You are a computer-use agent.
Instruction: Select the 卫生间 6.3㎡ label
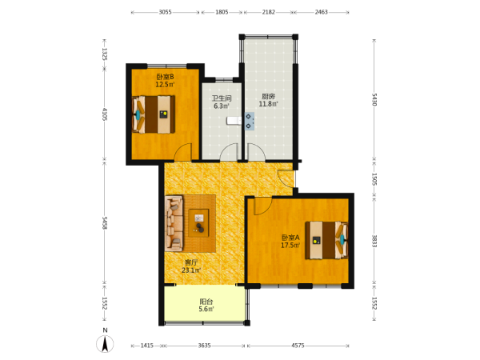pos(222,102)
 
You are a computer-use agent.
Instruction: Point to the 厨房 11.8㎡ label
pos(268,100)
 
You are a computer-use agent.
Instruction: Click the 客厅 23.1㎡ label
pos(191,266)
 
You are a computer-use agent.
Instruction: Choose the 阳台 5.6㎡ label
pos(206,306)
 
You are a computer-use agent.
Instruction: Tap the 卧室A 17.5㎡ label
pos(290,242)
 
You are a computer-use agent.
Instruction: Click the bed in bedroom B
pos(154,114)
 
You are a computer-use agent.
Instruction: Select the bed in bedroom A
pos(326,240)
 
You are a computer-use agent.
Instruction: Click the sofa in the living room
pos(174,223)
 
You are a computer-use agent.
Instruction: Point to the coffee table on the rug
pos(198,223)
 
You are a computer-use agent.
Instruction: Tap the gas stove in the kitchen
pos(249,122)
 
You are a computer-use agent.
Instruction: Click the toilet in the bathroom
pos(234,122)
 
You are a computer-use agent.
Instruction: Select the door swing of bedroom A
pos(262,206)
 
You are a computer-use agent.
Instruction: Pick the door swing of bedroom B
pos(182,152)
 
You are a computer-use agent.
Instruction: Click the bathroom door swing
pos(230,152)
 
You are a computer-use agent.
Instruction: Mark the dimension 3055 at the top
pos(166,12)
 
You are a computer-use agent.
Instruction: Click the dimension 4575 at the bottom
pos(298,346)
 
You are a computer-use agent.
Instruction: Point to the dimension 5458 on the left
pos(104,223)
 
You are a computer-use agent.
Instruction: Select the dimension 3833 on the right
pos(374,241)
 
